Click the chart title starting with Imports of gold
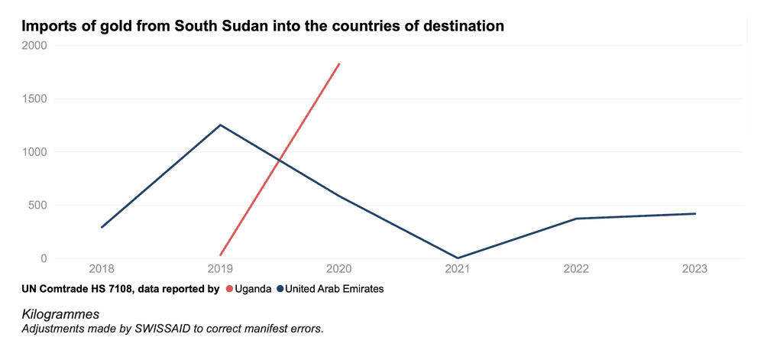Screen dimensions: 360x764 pos(263,25)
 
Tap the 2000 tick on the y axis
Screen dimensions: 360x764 pos(34,45)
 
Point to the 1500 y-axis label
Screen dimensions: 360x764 pos(34,99)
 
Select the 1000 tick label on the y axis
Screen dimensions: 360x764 pos(34,152)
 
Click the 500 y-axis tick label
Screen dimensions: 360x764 pos(37,205)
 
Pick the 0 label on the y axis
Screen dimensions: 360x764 pos(44,258)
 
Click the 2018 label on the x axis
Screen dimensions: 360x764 pos(102,269)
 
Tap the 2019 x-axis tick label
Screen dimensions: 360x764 pos(220,269)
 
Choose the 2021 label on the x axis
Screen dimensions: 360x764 pos(458,269)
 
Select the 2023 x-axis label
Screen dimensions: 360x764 pos(694,269)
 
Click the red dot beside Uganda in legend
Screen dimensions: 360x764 pos(228,289)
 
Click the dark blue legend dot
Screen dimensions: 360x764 pos(280,289)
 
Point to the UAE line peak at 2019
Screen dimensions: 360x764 pos(220,125)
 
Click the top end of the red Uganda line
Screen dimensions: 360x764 pos(339,64)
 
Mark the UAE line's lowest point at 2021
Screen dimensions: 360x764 pos(458,258)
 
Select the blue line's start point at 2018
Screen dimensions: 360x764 pos(102,227)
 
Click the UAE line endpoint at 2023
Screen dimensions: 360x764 pos(694,214)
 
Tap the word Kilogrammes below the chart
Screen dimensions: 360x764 pos(61,314)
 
